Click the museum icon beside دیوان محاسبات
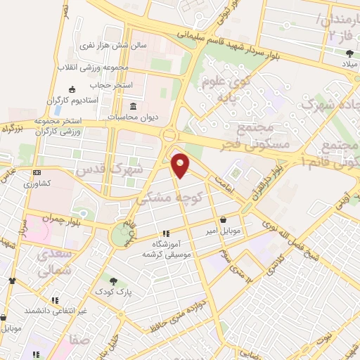132,107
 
